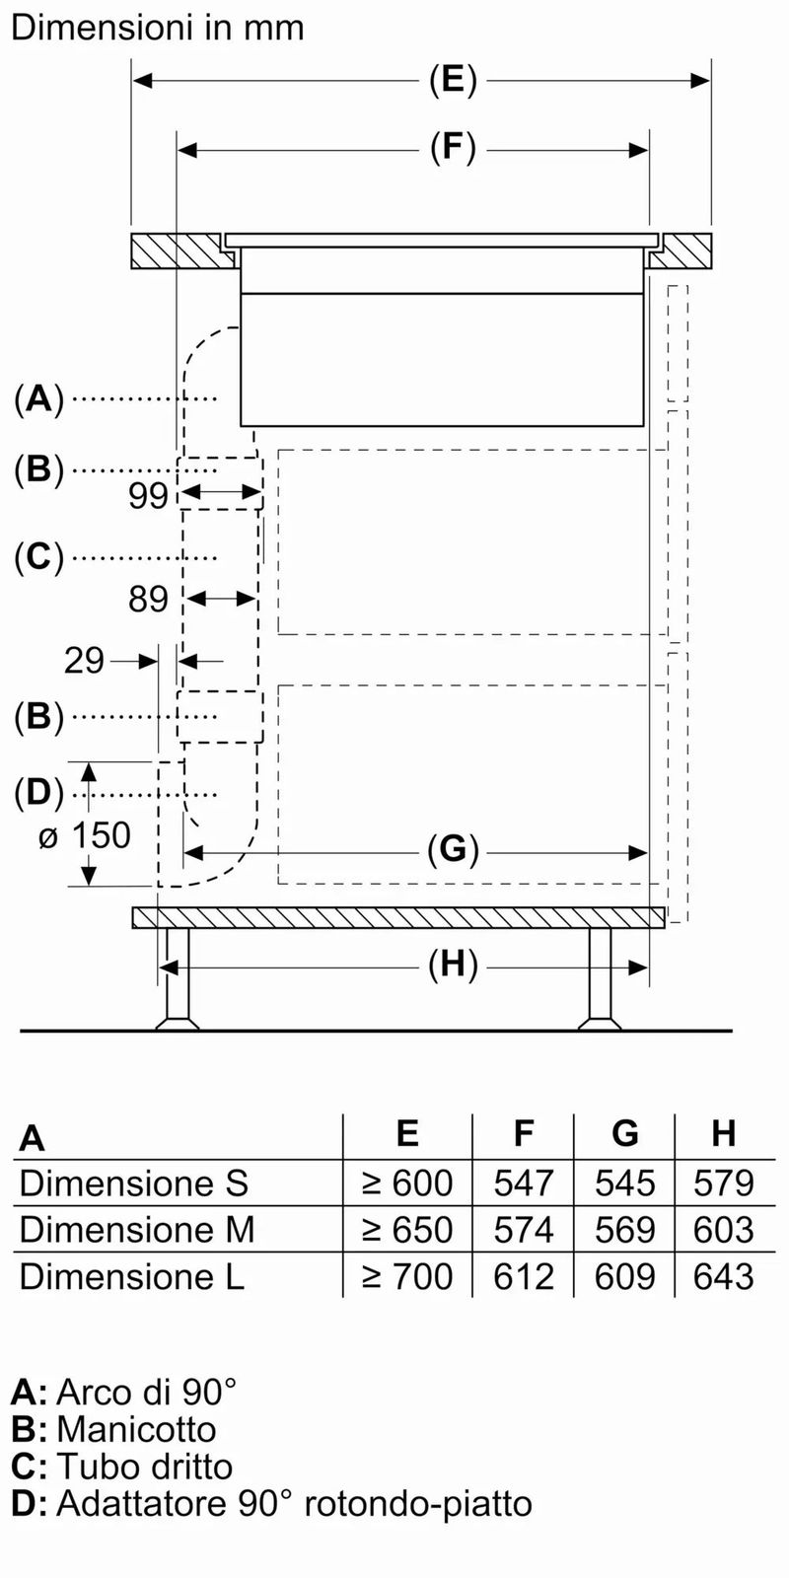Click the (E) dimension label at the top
(453, 80)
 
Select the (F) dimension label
(453, 149)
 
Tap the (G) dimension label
(453, 850)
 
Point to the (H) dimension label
(453, 966)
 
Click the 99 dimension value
(148, 497)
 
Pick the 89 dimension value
(148, 600)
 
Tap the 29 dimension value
(84, 662)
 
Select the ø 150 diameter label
(85, 835)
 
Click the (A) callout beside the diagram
(38, 399)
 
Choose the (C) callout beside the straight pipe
(38, 557)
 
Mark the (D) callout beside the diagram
(38, 794)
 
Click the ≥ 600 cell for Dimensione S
(407, 1183)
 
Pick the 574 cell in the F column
(524, 1229)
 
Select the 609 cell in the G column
(624, 1276)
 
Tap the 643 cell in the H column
(724, 1276)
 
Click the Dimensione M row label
(137, 1229)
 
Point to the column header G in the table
(625, 1133)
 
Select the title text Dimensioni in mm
(158, 29)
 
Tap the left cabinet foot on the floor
(178, 979)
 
